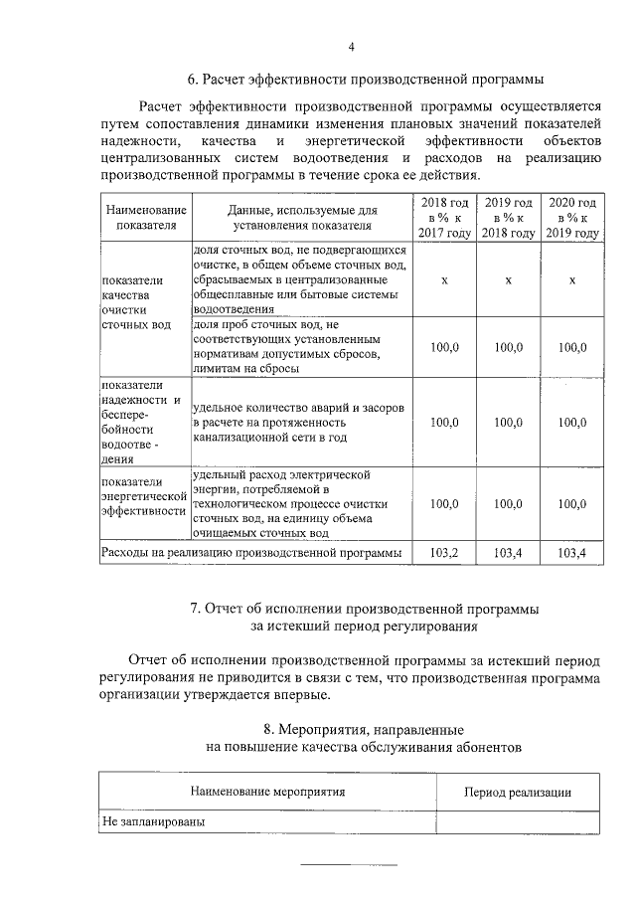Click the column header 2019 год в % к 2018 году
[508, 217]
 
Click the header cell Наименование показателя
[145, 218]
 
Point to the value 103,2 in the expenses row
[443, 552]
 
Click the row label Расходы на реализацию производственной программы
[252, 552]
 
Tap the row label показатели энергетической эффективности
[144, 496]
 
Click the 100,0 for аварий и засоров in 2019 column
[508, 422]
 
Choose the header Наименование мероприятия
[267, 792]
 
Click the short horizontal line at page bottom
[349, 864]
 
